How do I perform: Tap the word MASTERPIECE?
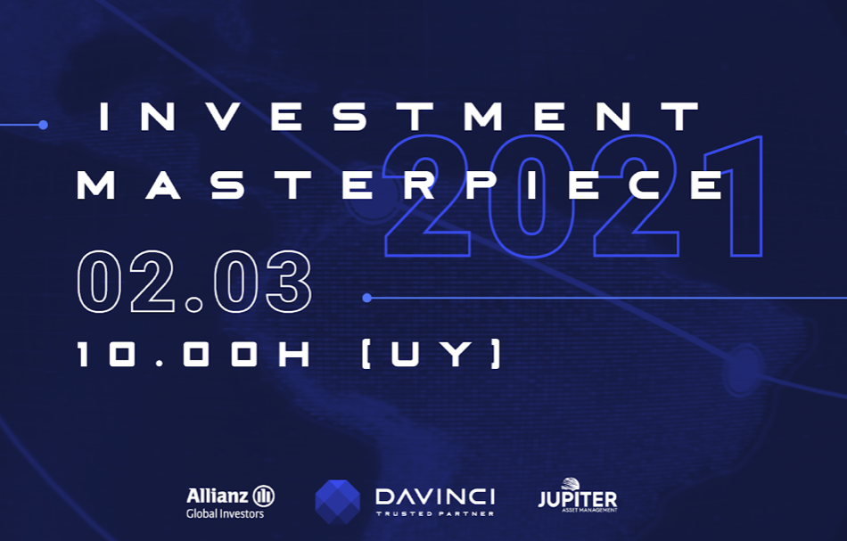(x=402, y=185)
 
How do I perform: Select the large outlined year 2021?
(x=572, y=195)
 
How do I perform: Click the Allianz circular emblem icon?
(x=264, y=496)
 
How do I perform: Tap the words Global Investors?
(x=226, y=513)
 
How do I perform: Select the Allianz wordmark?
(x=218, y=496)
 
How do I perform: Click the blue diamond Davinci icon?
(x=338, y=502)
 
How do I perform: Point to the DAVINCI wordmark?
(x=435, y=496)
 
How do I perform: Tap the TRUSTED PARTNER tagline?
(x=435, y=513)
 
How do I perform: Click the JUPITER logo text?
(x=578, y=499)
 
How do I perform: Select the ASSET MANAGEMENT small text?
(x=589, y=510)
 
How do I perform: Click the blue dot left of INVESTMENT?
(x=43, y=126)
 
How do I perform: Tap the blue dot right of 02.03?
(x=367, y=298)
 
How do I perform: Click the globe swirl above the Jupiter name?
(x=571, y=484)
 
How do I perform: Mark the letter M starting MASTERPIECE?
(x=95, y=185)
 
